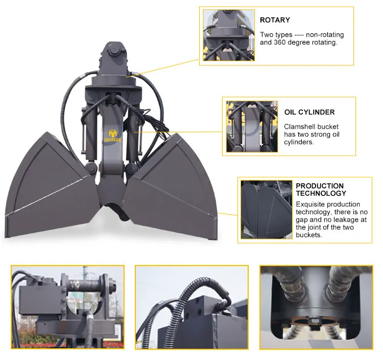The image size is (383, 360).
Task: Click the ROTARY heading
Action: pyautogui.click(x=275, y=20)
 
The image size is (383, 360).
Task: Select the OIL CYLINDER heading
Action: pyautogui.click(x=309, y=112)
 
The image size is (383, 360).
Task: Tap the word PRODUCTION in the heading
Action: pyautogui.click(x=320, y=186)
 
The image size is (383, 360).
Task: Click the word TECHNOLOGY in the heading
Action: pyautogui.click(x=321, y=194)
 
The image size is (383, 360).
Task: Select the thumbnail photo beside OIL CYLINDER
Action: pyautogui.click(x=252, y=127)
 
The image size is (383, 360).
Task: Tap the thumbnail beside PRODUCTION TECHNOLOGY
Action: pyautogui.click(x=266, y=209)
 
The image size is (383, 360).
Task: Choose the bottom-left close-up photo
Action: pyautogui.click(x=67, y=307)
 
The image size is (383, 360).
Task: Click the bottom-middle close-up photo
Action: pyautogui.click(x=192, y=307)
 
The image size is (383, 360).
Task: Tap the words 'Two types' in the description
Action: pyautogui.click(x=275, y=35)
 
